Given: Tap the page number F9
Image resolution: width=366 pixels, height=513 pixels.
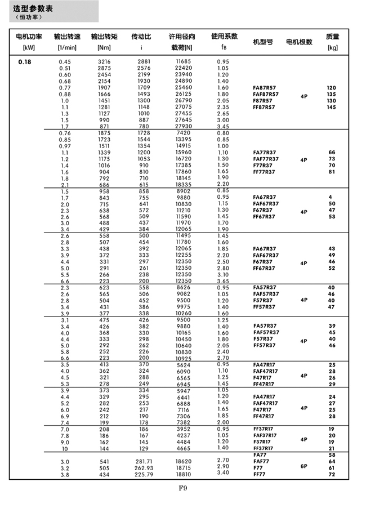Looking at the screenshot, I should tap(183, 488).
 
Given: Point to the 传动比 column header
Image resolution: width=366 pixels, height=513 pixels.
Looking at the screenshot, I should tap(141, 37).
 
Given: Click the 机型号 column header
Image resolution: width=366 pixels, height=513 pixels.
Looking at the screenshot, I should tap(263, 42).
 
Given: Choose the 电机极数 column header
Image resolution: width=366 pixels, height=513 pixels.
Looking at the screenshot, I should tap(300, 42).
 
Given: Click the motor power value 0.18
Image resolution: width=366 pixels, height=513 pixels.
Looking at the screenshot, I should tap(25, 61).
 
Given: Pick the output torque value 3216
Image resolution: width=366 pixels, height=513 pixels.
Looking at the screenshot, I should tap(105, 61).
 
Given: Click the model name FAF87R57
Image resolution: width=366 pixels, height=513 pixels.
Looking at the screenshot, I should tap(266, 94).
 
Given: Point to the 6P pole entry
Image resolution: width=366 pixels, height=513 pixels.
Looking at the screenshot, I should tap(304, 467).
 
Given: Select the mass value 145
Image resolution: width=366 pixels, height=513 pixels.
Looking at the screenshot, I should tap(331, 107).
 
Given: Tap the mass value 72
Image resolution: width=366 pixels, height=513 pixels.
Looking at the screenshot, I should tap(331, 474).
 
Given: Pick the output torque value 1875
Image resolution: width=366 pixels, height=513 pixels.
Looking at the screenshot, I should tap(105, 133).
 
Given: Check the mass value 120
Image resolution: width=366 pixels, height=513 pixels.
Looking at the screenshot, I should tap(331, 88).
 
